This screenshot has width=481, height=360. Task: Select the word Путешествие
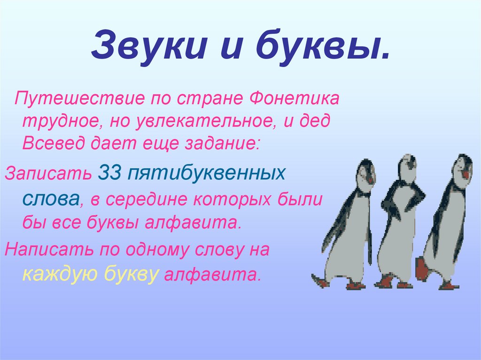tap(78, 100)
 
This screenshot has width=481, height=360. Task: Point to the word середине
tap(149, 199)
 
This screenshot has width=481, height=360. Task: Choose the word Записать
tap(48, 174)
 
